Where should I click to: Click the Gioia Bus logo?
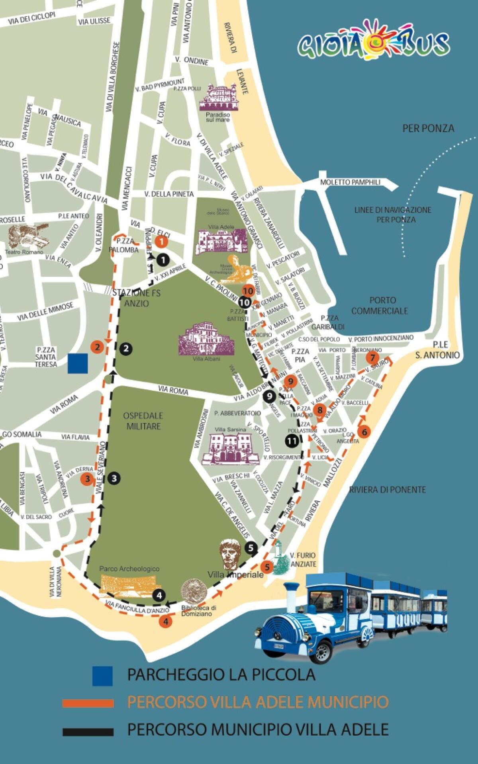click(x=373, y=41)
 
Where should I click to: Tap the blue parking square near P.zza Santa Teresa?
click(x=78, y=363)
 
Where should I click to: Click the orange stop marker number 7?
click(x=373, y=357)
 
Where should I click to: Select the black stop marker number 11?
click(x=292, y=441)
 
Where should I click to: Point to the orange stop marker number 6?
click(x=364, y=431)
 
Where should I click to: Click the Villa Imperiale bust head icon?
click(x=230, y=555)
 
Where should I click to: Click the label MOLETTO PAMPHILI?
click(x=351, y=182)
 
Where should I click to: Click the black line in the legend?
click(x=88, y=732)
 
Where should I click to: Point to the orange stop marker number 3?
click(x=87, y=479)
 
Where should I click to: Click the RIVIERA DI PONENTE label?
click(x=387, y=490)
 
